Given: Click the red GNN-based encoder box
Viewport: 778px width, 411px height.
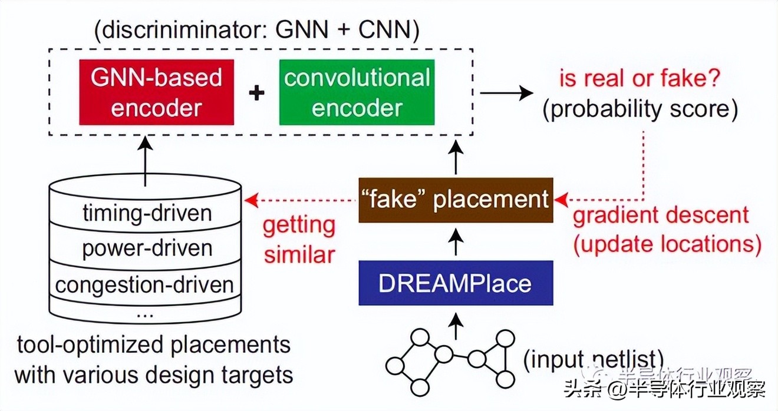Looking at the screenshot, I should (x=156, y=92).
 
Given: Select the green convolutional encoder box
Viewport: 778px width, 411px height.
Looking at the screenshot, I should (x=357, y=92).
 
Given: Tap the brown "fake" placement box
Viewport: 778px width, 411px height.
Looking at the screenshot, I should (x=456, y=200).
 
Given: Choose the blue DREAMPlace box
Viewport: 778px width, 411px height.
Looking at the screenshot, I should (x=456, y=283).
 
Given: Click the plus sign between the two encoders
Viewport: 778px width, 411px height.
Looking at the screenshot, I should (x=257, y=92).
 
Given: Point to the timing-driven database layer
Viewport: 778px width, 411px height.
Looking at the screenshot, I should (x=145, y=213).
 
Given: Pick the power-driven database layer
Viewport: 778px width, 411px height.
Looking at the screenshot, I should (x=145, y=248).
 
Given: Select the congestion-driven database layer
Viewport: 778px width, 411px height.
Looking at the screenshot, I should (x=145, y=284).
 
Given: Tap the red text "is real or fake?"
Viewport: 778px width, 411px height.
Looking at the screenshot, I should (x=640, y=78).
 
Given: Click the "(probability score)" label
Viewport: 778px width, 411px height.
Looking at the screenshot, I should (x=640, y=110).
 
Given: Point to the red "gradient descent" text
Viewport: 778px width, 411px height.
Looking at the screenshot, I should (x=661, y=215).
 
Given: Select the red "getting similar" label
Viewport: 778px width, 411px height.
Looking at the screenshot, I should (x=299, y=240).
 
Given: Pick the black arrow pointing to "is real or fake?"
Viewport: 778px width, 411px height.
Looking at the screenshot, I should (x=506, y=92).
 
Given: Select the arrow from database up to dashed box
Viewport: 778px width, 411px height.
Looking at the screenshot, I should (x=145, y=158).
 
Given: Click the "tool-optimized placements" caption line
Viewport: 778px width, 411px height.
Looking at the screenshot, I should (x=153, y=345).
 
